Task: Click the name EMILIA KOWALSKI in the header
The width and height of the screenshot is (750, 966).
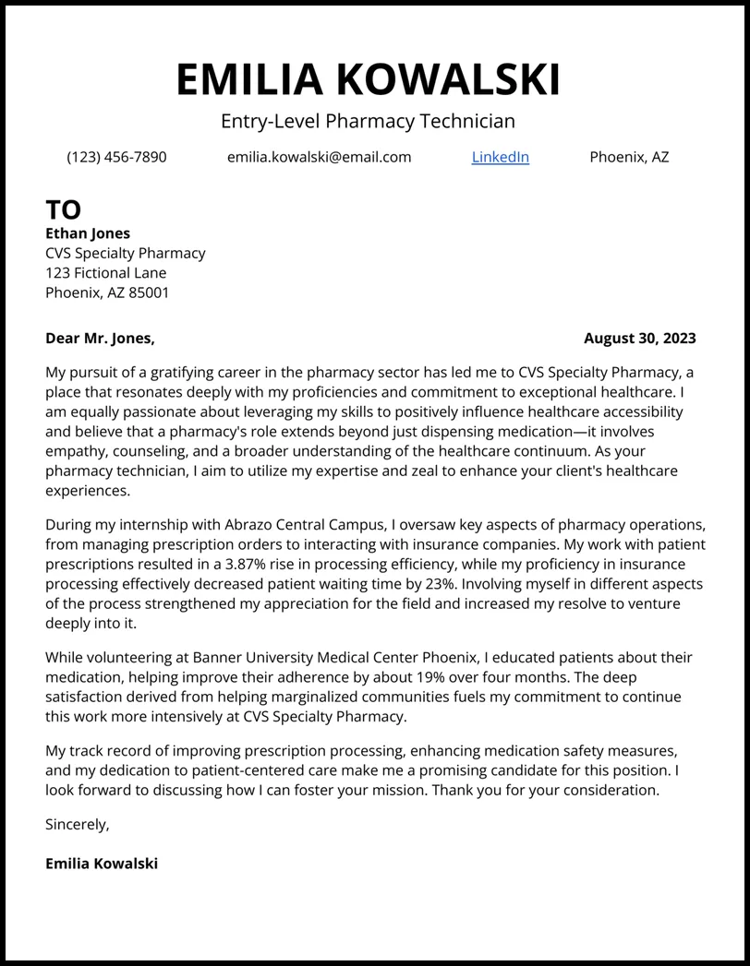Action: click(x=368, y=79)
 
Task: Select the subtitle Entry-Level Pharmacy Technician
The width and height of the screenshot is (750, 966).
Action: click(x=368, y=121)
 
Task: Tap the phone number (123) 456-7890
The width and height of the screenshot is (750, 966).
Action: click(x=116, y=157)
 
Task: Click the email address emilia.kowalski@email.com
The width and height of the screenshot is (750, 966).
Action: click(x=319, y=157)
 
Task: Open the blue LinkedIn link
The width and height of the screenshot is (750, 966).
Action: click(x=500, y=157)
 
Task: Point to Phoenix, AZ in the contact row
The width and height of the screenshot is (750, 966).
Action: click(x=629, y=157)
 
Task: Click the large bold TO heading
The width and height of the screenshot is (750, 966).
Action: click(x=63, y=209)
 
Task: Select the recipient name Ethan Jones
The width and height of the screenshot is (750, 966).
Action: click(x=88, y=233)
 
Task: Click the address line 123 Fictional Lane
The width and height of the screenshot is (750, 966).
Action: click(x=106, y=273)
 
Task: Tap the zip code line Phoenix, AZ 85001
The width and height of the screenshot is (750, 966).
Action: click(x=107, y=292)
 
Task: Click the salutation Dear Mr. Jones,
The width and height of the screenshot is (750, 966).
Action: click(x=100, y=339)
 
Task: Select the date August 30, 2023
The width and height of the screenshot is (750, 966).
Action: click(x=639, y=339)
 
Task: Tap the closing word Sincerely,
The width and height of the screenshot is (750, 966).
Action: click(x=78, y=825)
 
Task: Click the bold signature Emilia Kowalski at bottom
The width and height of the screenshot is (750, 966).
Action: click(x=102, y=864)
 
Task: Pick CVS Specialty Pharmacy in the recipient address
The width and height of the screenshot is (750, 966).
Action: click(x=126, y=253)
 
